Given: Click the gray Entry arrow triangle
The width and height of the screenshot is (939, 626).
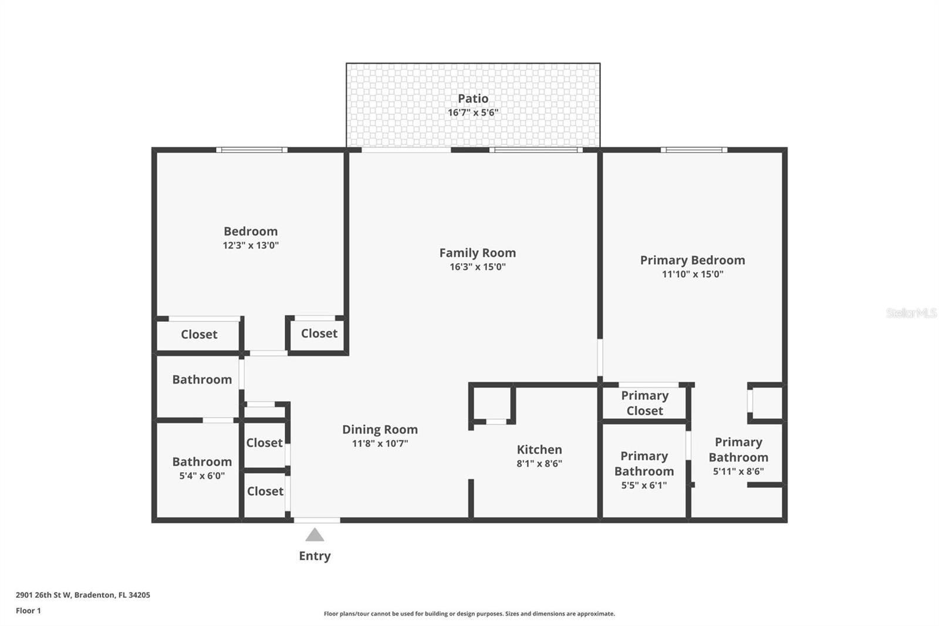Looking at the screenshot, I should (315, 535).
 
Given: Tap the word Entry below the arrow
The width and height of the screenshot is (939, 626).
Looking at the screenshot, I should (315, 556).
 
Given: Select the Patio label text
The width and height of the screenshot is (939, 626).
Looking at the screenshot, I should (473, 99).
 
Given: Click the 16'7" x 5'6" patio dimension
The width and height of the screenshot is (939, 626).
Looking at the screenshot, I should (473, 113).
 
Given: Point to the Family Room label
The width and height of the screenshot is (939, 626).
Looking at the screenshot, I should (477, 253).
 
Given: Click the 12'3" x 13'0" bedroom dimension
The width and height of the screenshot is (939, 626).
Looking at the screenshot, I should (251, 245).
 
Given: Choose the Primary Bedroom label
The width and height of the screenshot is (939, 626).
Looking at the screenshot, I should (693, 260).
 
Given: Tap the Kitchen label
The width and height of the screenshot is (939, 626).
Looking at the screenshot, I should (539, 450).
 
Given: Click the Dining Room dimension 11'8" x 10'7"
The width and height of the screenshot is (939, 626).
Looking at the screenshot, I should (380, 443).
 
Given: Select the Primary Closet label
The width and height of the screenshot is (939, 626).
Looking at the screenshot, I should (644, 403).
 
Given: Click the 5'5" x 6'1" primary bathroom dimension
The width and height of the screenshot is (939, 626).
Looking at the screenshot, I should (644, 485).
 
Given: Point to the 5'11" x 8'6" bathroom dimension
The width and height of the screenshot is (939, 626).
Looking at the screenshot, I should (738, 471).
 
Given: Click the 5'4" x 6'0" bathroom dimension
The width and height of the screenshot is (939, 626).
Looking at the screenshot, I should (202, 476).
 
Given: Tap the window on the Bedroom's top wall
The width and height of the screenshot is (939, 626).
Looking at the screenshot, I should (252, 150).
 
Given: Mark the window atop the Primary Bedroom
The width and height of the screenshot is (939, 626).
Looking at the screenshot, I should (694, 150).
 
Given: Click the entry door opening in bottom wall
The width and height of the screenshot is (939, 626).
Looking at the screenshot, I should (317, 520).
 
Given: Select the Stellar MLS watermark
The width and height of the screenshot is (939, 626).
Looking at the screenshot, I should (911, 313).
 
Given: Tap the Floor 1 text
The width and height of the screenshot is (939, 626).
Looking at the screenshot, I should (28, 611).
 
